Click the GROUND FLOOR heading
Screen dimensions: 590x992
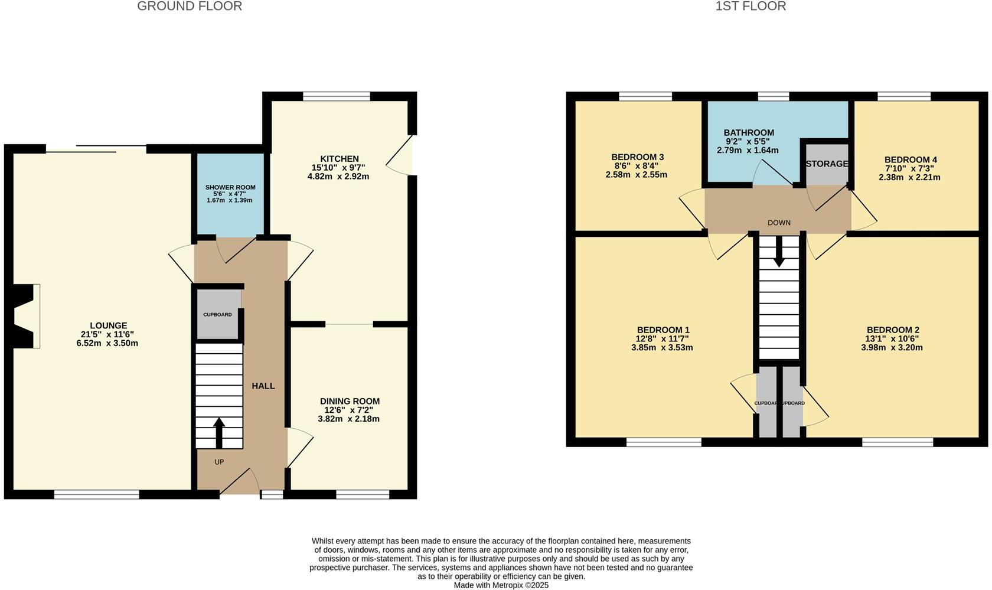(190, 6)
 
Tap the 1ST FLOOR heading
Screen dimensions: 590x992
(750, 6)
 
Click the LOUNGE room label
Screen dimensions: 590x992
(108, 325)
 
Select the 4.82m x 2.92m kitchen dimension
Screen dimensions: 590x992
(338, 177)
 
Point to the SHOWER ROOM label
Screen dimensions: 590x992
(230, 187)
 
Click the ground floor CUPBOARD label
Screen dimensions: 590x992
(217, 315)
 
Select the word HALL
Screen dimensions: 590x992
(263, 386)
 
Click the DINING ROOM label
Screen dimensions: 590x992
(350, 401)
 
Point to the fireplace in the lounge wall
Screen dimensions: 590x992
(25, 316)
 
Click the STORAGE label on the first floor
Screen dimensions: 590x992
(827, 164)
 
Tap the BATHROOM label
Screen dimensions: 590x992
(749, 133)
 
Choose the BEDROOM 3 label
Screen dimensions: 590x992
(638, 157)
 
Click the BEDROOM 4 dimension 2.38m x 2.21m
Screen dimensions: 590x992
(909, 177)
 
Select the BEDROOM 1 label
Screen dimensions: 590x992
(663, 330)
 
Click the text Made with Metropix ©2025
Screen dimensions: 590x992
(501, 585)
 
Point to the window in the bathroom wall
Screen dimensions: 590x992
(773, 96)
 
